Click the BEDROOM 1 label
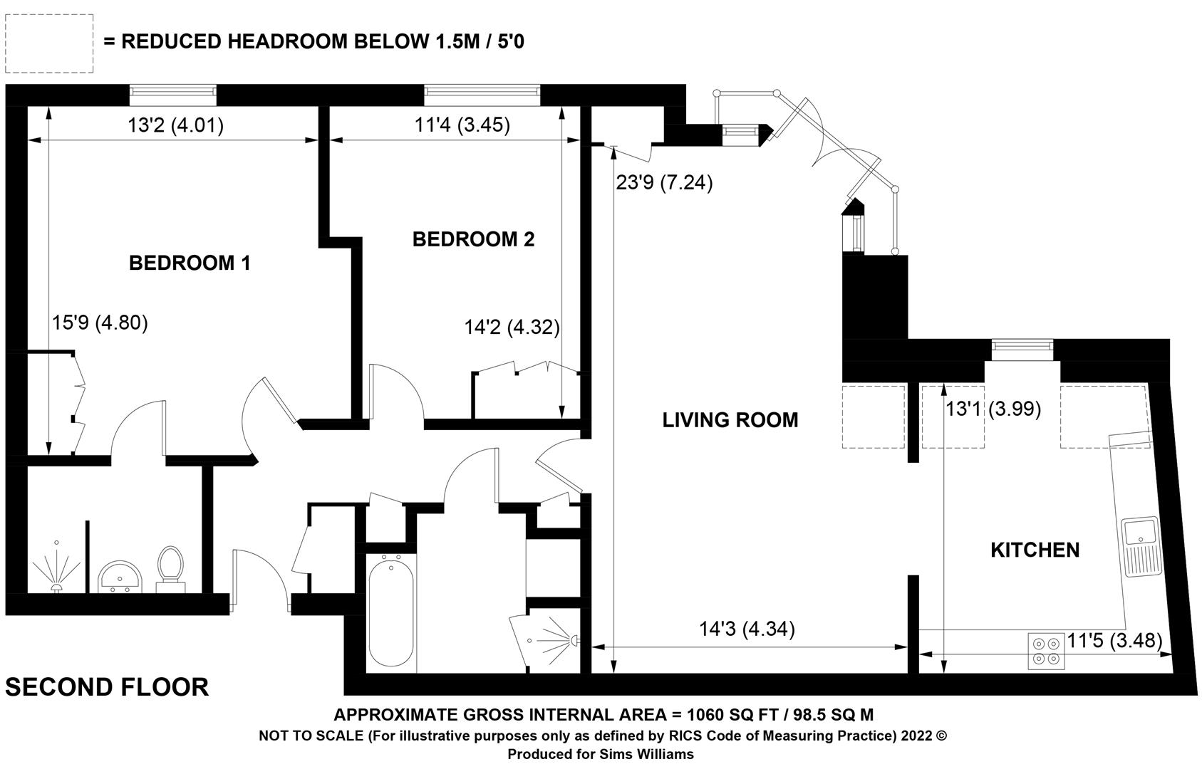(190, 263)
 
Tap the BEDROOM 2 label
(473, 239)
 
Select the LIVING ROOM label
(730, 420)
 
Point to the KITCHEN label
(1035, 550)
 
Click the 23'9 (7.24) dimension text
(664, 183)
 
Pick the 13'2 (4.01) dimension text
(175, 125)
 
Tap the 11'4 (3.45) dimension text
(462, 125)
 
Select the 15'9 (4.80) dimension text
(100, 323)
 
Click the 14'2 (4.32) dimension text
(512, 327)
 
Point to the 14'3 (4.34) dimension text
(747, 629)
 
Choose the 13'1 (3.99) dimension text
(993, 409)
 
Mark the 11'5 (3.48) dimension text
(1114, 640)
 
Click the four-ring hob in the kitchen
(1047, 651)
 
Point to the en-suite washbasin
(120, 577)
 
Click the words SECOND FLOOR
(107, 687)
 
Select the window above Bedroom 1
(173, 95)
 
